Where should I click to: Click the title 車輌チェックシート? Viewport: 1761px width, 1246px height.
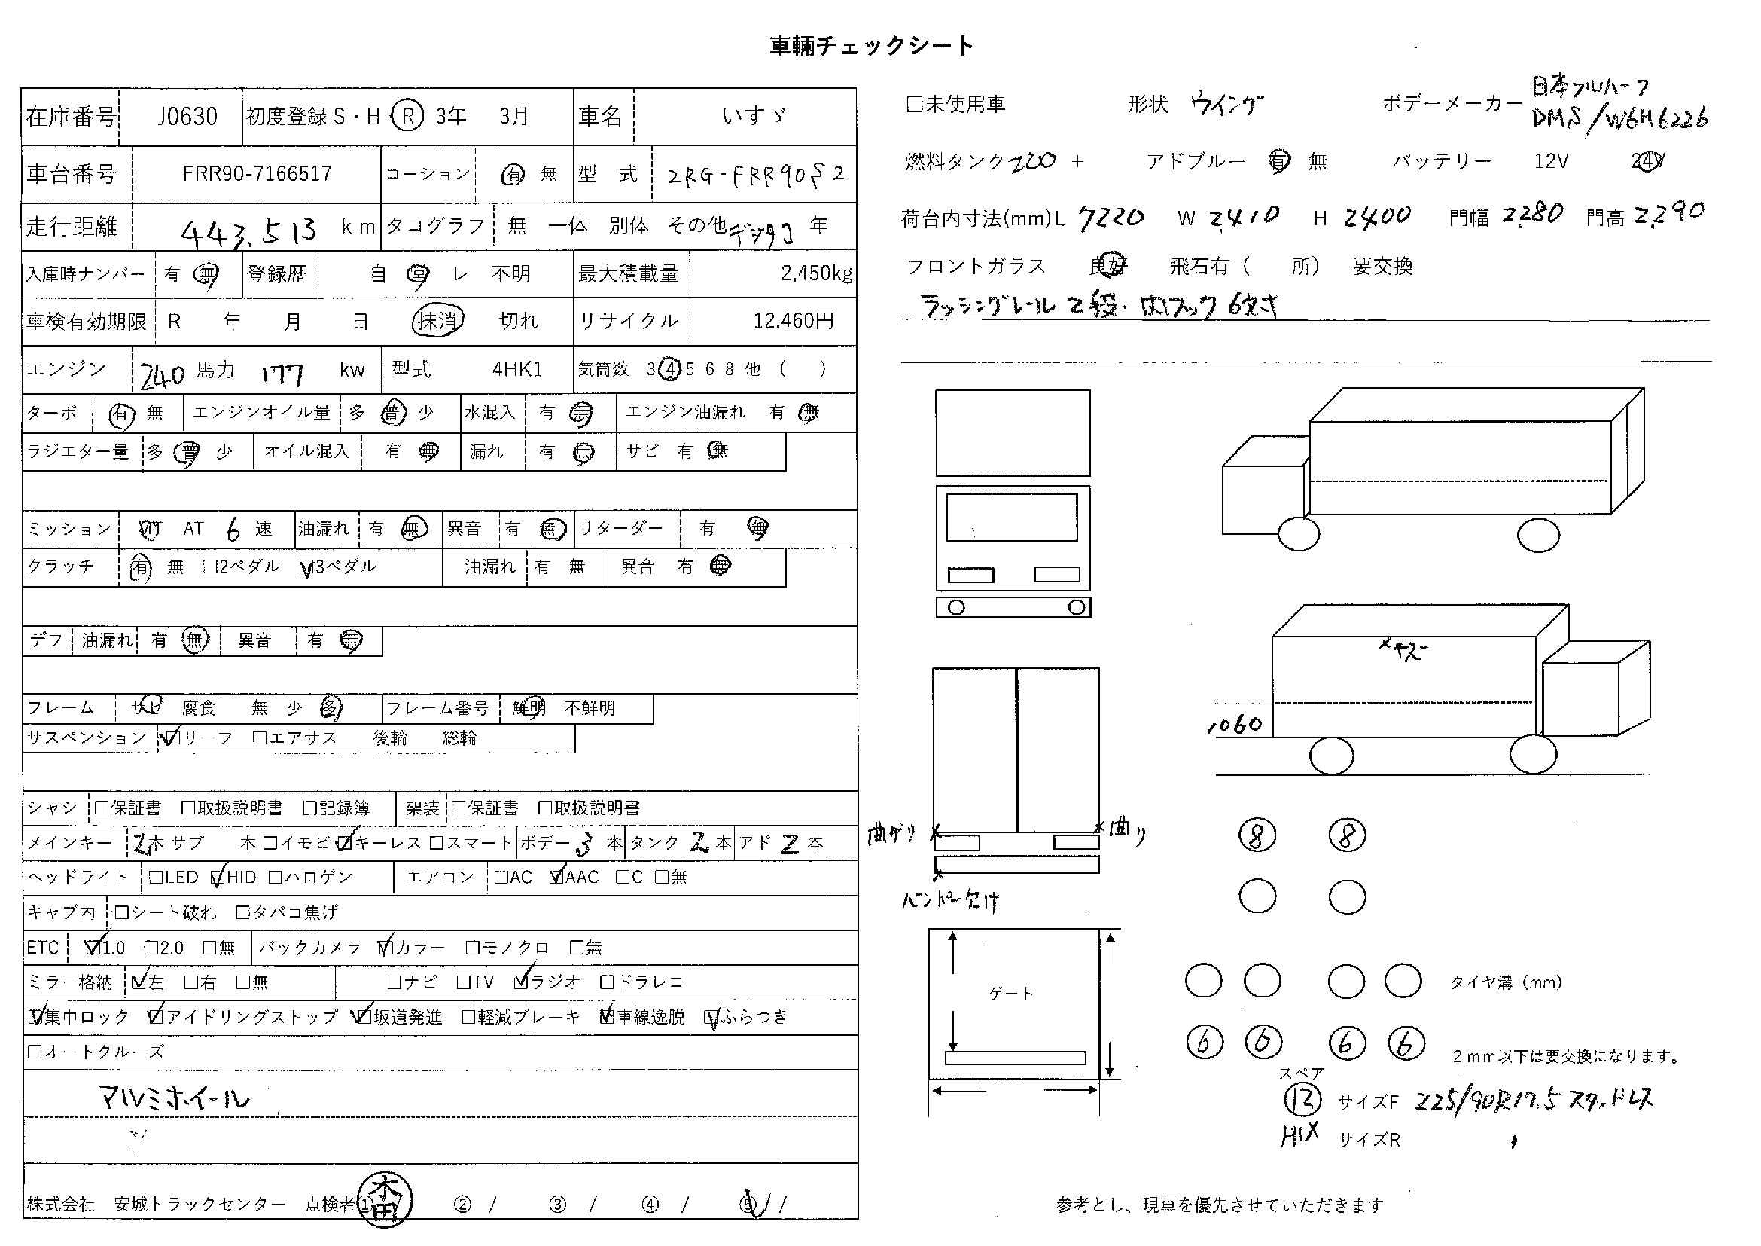[x=871, y=46]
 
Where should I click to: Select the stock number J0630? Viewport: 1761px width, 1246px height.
[x=187, y=117]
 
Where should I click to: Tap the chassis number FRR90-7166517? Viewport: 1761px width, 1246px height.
[x=256, y=174]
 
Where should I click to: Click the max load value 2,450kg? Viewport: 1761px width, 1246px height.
[x=816, y=273]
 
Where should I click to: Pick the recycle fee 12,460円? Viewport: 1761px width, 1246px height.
[x=793, y=321]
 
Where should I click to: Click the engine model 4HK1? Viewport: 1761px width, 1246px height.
[x=517, y=370]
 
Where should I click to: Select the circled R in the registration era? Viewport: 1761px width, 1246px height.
[x=407, y=116]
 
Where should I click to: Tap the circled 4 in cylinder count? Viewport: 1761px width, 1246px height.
[x=670, y=369]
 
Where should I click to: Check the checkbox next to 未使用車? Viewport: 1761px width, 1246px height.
[x=913, y=105]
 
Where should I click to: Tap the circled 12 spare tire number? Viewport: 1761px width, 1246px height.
[x=1302, y=1100]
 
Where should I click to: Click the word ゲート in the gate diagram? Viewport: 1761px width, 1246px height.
[x=1011, y=994]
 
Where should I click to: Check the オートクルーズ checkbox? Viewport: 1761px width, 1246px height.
[x=35, y=1051]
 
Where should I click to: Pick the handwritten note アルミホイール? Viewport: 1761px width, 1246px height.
[x=175, y=1098]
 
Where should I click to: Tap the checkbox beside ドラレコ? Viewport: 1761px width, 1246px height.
[x=607, y=982]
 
